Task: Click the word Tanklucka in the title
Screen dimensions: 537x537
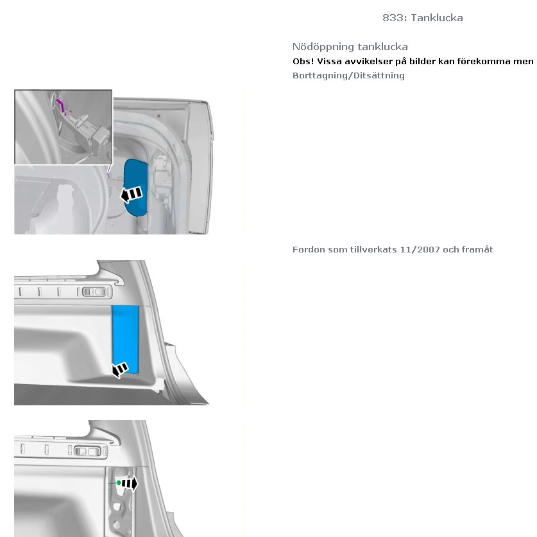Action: point(437,18)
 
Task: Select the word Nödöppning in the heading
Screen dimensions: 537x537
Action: point(322,47)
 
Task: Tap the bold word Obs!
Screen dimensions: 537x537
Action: point(303,62)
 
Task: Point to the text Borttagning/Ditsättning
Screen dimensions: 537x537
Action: point(348,75)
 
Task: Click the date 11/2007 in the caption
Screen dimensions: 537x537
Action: point(420,249)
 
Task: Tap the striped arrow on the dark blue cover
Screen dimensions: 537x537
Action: point(132,195)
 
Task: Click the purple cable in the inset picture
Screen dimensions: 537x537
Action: point(62,105)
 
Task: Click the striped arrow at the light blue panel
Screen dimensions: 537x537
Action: point(120,370)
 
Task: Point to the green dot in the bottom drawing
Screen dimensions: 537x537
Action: point(119,483)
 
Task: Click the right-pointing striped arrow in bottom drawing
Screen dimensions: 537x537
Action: point(130,484)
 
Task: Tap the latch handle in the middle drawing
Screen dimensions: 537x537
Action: point(97,292)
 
